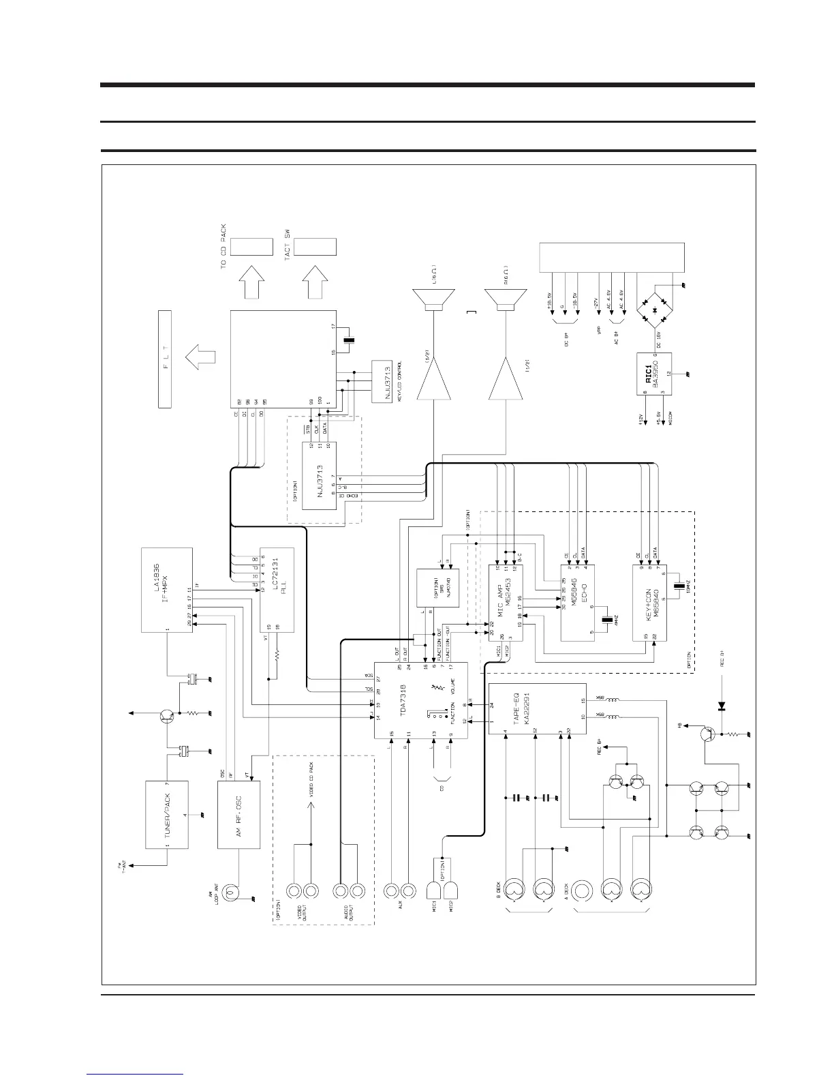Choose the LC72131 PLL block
(x=278, y=590)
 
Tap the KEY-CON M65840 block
(x=649, y=603)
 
